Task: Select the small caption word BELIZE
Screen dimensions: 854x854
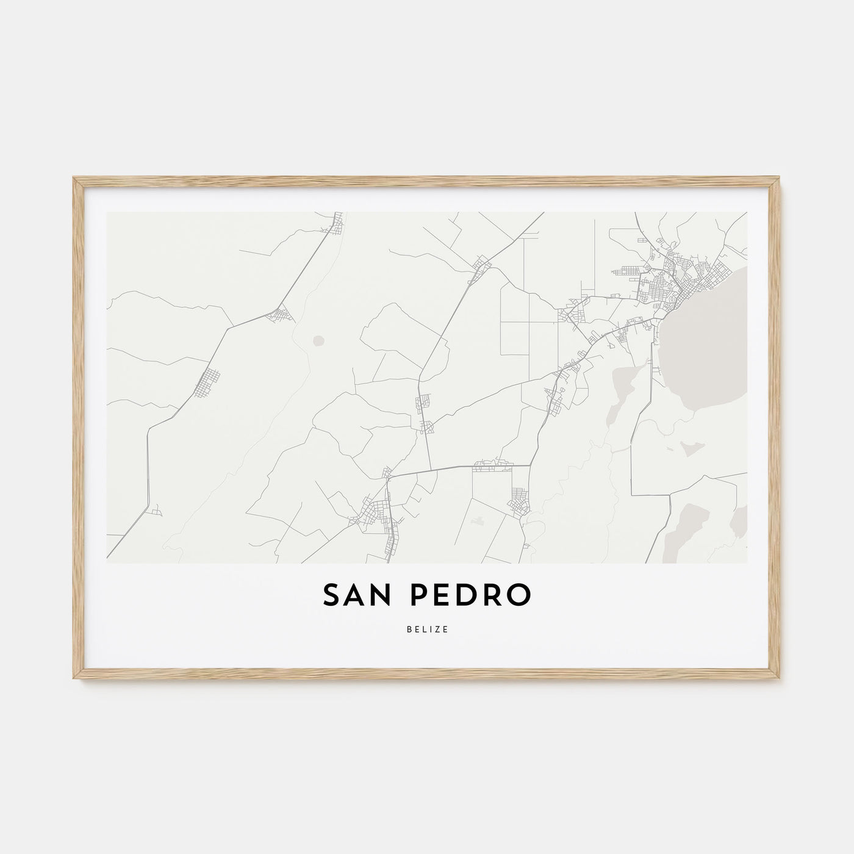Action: click(427, 630)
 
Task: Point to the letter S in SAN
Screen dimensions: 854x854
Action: click(332, 597)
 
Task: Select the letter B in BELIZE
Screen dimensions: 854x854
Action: click(407, 630)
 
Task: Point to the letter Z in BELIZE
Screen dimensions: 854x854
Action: click(439, 630)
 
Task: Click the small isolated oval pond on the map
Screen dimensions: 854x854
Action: click(318, 340)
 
